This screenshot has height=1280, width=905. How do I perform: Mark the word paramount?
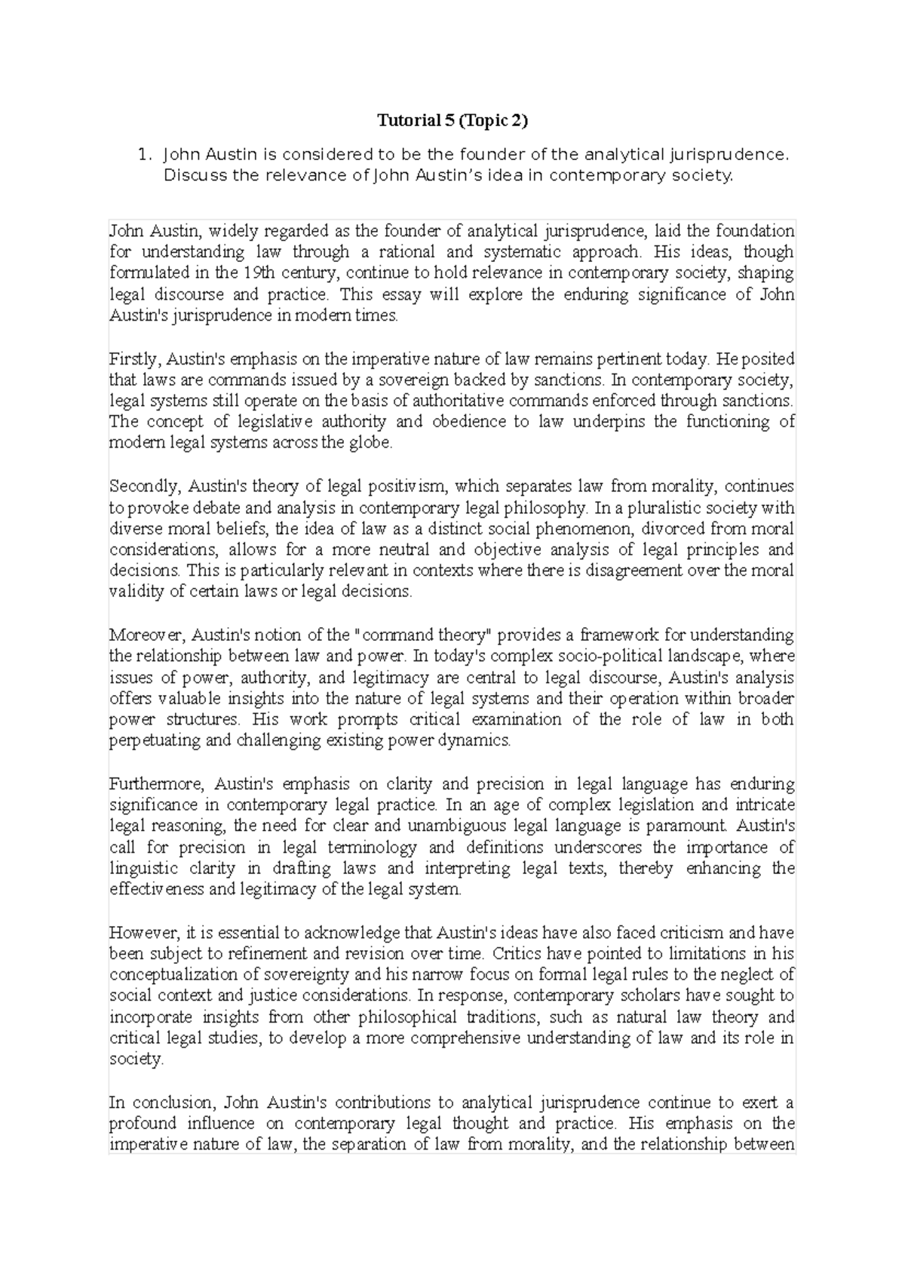pyautogui.click(x=690, y=826)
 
